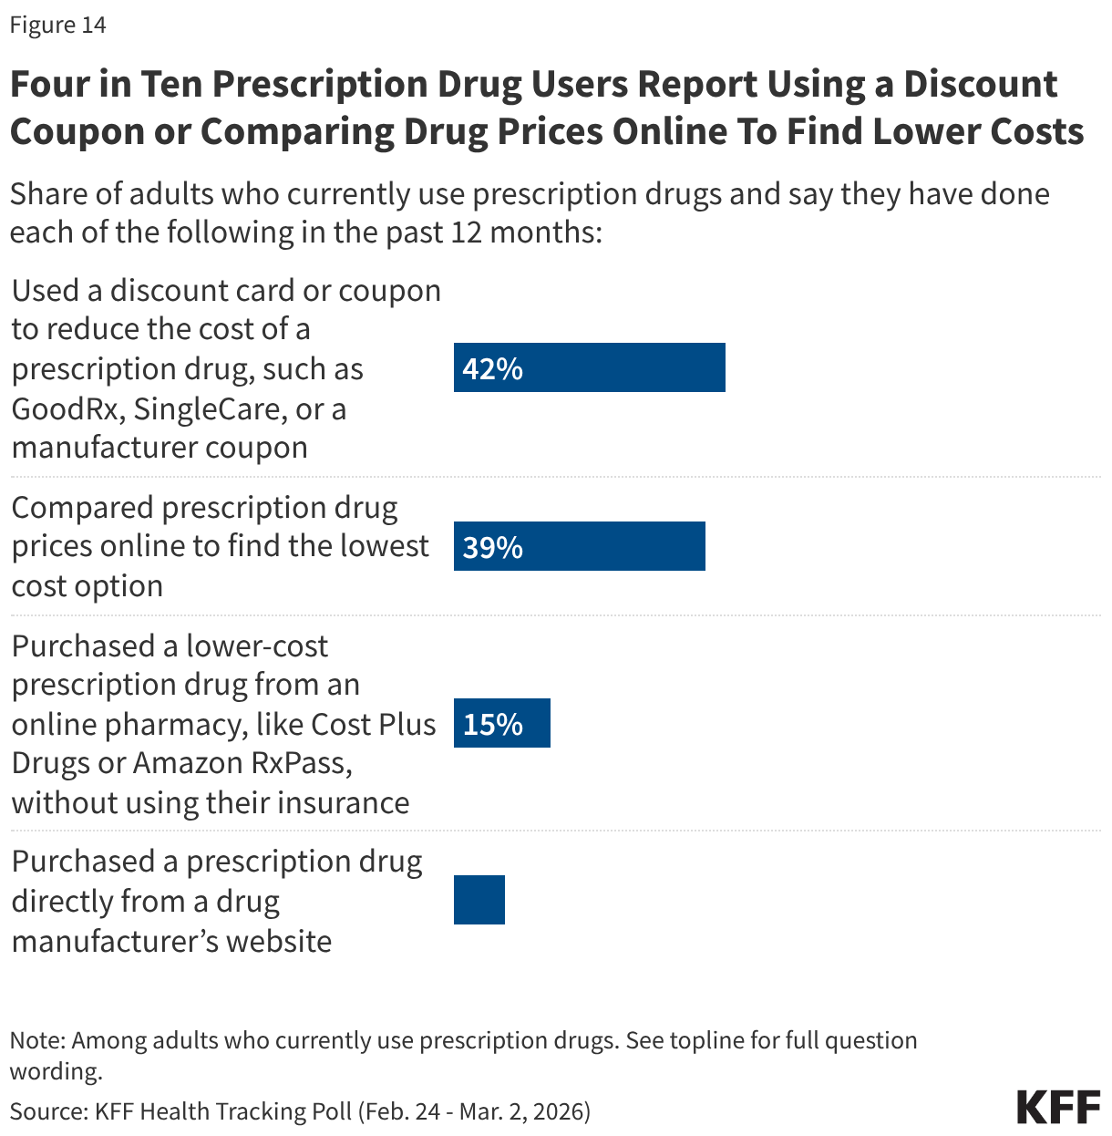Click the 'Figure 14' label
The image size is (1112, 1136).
[x=58, y=26]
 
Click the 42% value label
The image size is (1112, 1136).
[x=492, y=368]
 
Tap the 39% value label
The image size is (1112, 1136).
[x=492, y=547]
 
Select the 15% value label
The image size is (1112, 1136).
[x=492, y=724]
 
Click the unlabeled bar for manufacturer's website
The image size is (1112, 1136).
[x=479, y=900]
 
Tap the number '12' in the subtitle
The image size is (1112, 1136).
[x=466, y=232]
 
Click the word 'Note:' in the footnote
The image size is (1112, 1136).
[x=37, y=1041]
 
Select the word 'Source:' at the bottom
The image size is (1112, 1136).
[x=48, y=1111]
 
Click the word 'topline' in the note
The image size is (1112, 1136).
[x=707, y=1041]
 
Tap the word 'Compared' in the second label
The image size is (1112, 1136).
[x=83, y=508]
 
